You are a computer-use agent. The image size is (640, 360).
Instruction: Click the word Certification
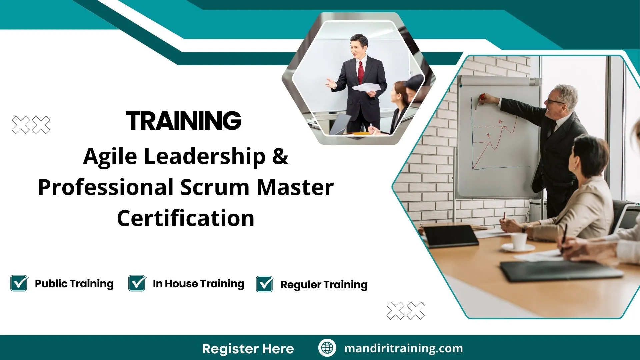tap(186, 218)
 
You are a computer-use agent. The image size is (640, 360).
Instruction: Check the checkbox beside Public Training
tap(19, 284)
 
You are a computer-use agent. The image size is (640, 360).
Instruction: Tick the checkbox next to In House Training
tap(137, 284)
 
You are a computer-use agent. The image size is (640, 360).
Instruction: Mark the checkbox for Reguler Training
tap(265, 284)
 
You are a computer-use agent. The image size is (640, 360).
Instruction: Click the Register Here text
tap(248, 349)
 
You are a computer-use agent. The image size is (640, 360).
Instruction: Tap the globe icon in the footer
tap(327, 348)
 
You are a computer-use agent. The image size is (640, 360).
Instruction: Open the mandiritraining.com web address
tap(403, 348)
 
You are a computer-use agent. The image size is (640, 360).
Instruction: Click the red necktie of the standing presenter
tap(361, 72)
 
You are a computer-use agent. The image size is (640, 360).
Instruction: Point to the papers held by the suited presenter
tap(366, 88)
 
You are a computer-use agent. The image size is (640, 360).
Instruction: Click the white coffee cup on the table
tap(519, 241)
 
